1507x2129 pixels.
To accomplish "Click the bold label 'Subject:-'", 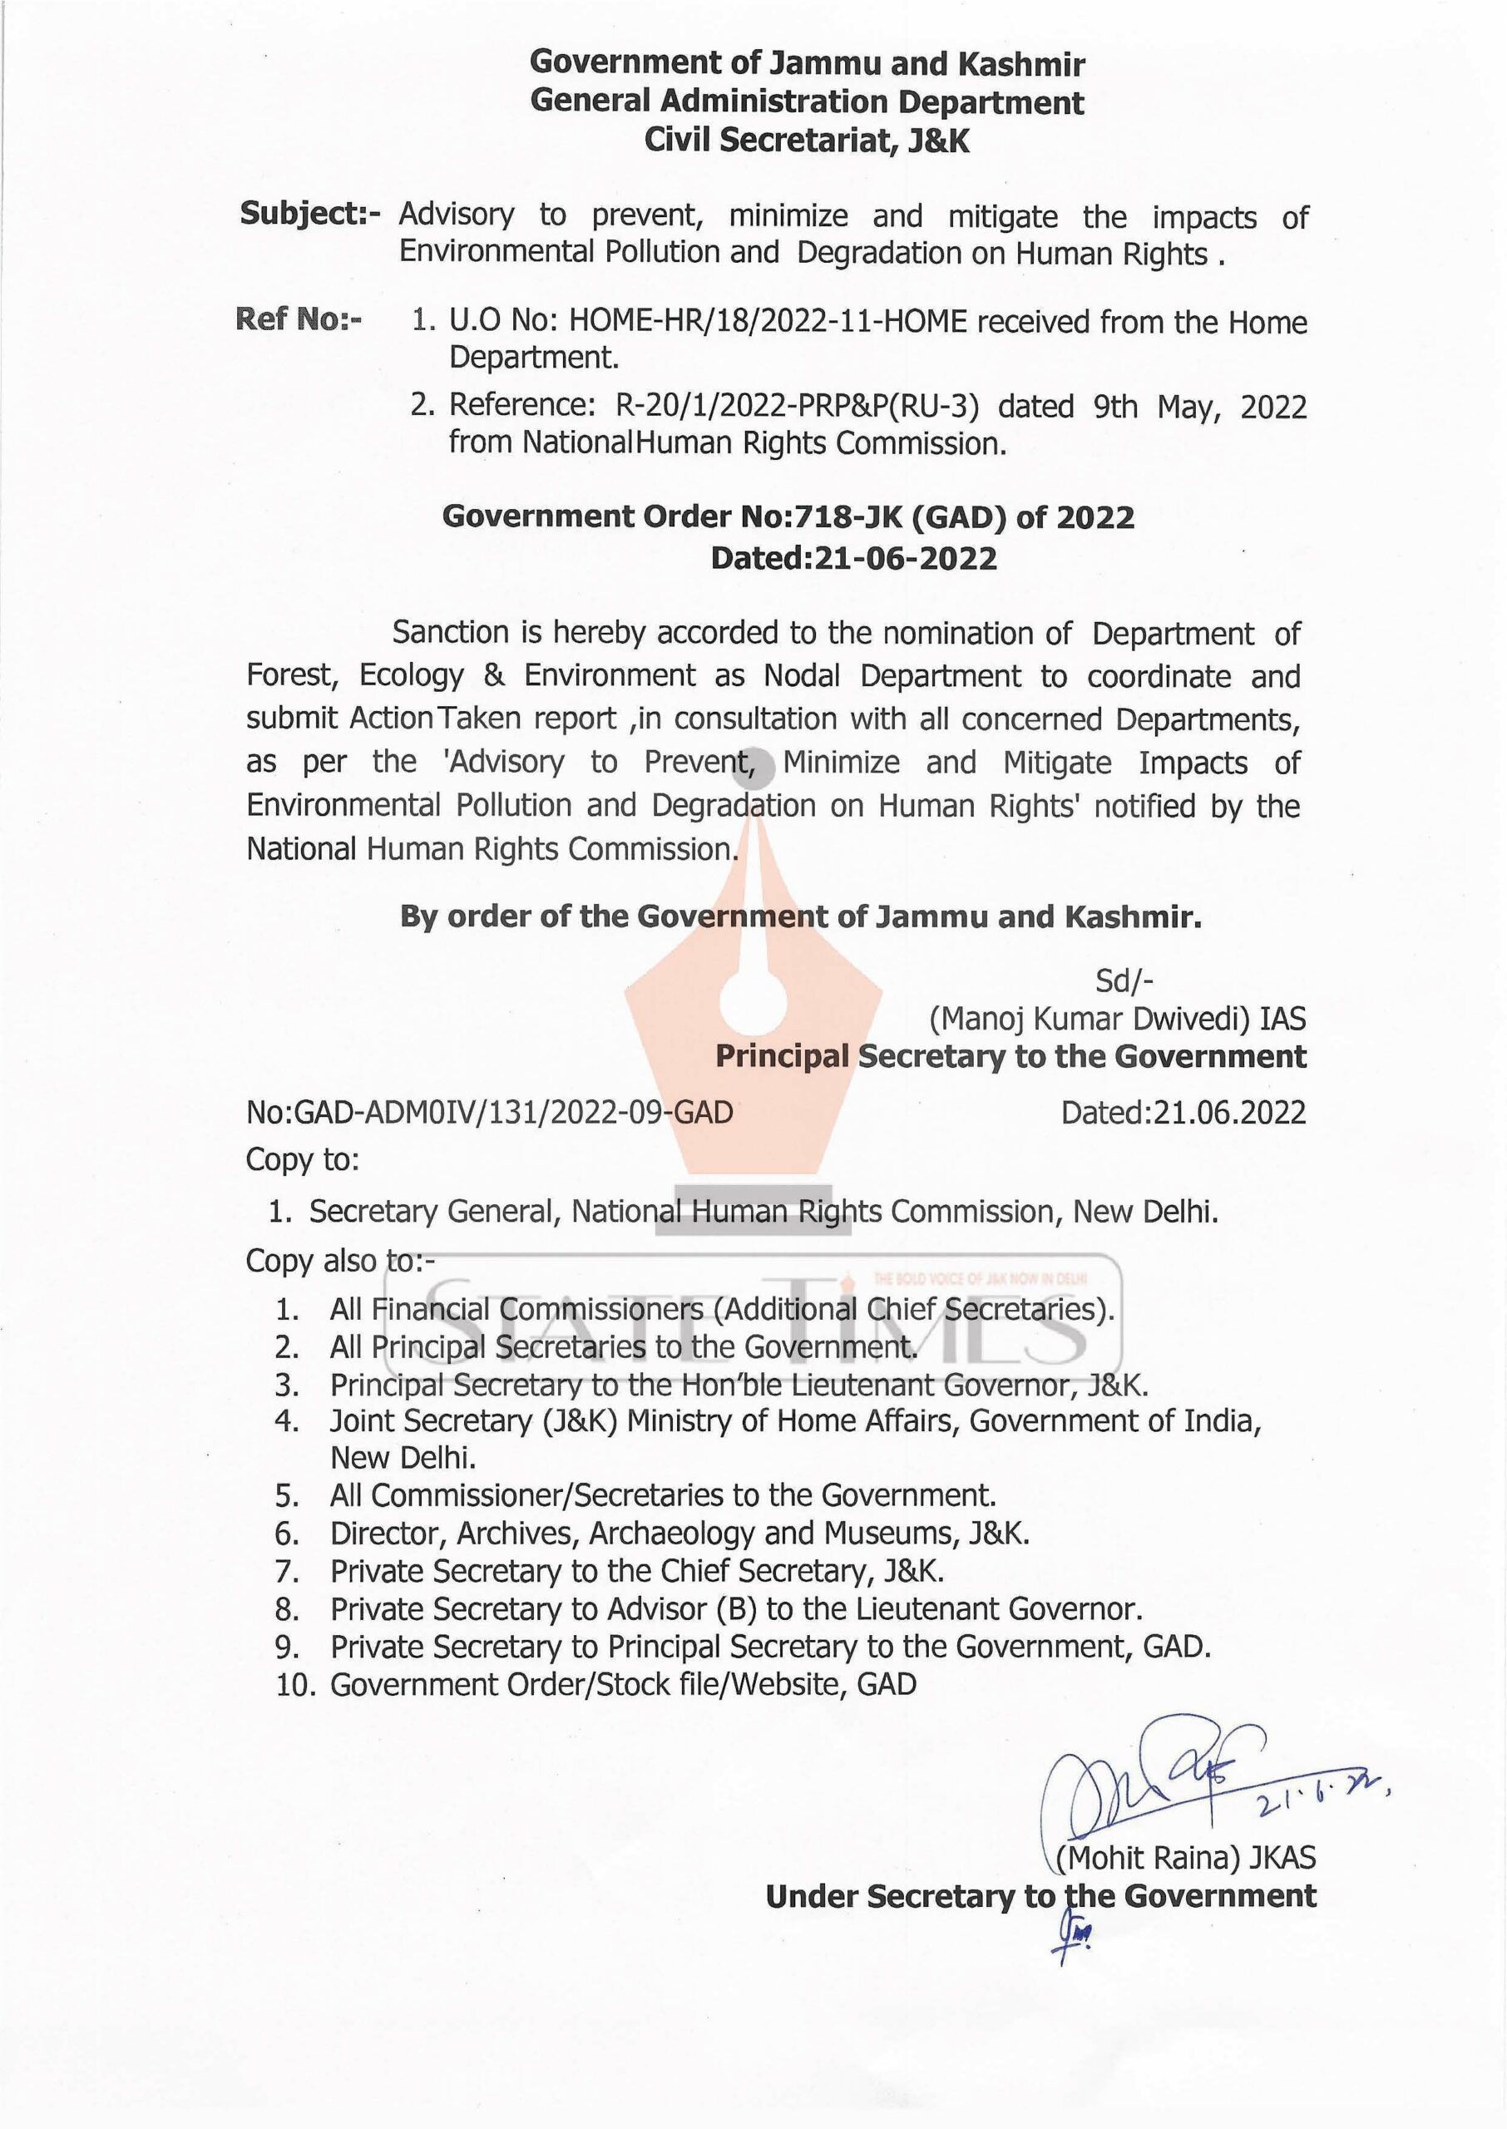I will click(310, 215).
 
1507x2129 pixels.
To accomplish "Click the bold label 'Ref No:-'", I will click(299, 320).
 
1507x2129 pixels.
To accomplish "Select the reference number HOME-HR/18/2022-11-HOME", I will click(768, 322).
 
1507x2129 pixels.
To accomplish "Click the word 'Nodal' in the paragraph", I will click(801, 675).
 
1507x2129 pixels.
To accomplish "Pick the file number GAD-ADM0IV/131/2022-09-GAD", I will click(513, 1111).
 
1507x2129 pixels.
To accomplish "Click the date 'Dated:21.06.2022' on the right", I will click(1183, 1111).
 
